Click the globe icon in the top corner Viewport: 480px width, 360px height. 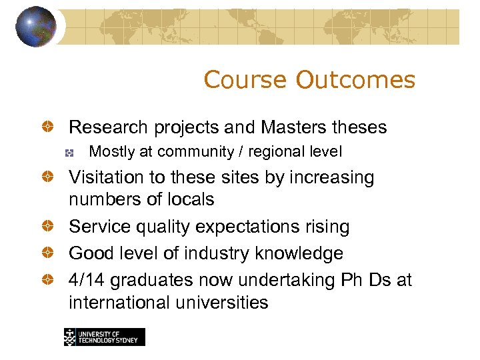click(x=35, y=27)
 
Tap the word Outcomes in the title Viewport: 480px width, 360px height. click(x=355, y=80)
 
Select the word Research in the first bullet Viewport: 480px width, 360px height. click(x=109, y=127)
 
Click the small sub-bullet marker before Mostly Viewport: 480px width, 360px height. click(x=69, y=153)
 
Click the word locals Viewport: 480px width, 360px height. click(x=189, y=199)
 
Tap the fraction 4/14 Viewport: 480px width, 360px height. click(x=87, y=280)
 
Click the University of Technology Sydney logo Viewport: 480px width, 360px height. click(x=104, y=337)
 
